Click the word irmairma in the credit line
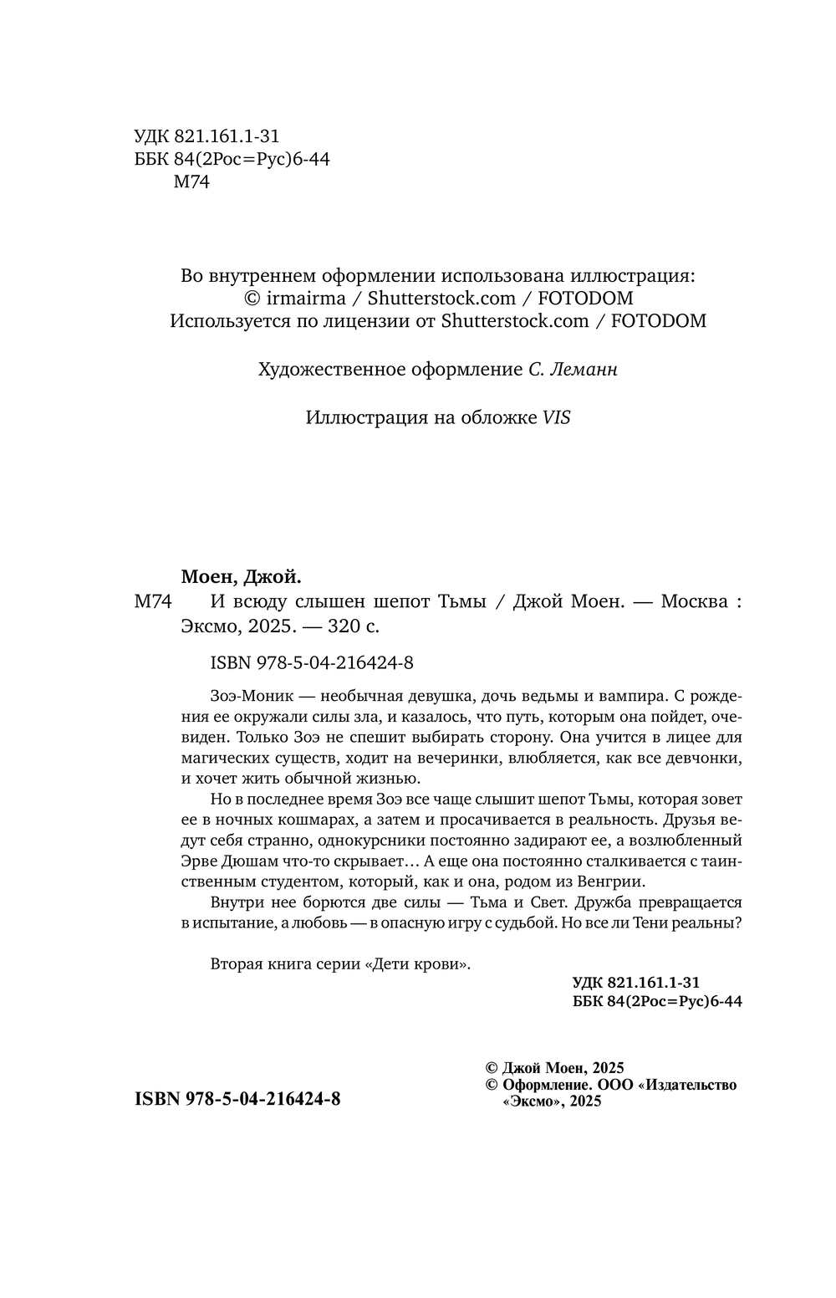point(298,298)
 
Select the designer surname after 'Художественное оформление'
point(585,370)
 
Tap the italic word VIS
point(557,417)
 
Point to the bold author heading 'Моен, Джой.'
point(241,577)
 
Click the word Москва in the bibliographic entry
point(694,601)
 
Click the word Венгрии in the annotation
point(614,882)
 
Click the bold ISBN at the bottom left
point(237,1099)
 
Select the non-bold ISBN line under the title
point(313,663)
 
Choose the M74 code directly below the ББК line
point(191,182)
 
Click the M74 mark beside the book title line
point(152,601)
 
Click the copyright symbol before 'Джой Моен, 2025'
point(492,1068)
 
